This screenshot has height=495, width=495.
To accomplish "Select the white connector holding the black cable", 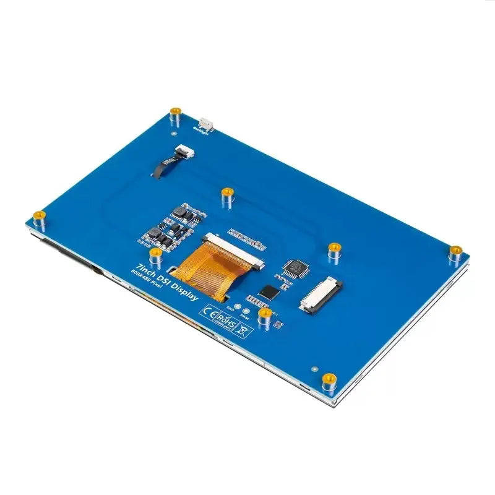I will pyautogui.click(x=183, y=150).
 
